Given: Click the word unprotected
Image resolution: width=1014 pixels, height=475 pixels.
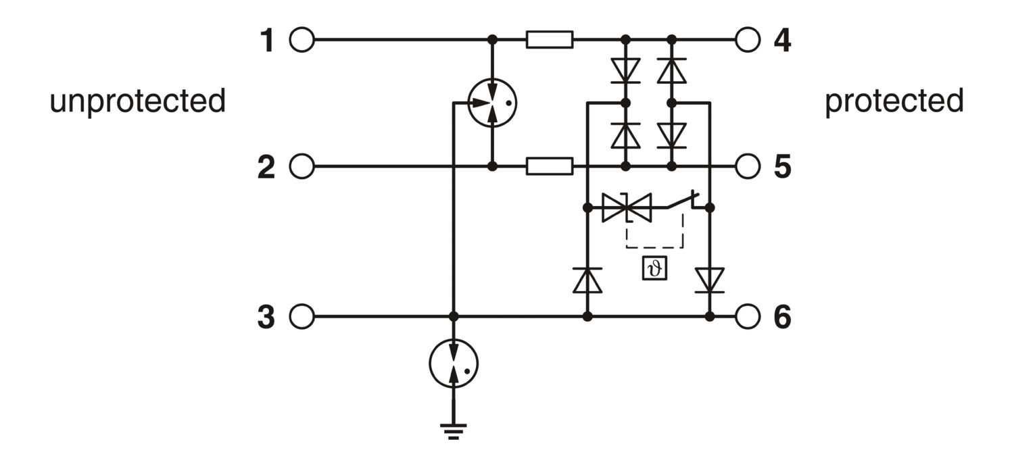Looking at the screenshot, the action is coord(138,101).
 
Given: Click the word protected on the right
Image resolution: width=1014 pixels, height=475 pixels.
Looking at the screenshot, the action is coord(894,101).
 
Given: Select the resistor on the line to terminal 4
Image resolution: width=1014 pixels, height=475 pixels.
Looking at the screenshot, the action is coord(550,40).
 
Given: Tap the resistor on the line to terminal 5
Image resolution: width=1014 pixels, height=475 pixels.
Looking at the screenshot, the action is coord(550,166).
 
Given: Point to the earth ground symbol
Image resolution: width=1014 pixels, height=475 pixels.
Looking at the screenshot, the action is coord(454,431).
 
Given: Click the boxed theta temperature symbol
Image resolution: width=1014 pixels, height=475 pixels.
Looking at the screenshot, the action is coord(654,268).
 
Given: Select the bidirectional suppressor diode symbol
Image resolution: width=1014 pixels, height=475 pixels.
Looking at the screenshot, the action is coord(627,207).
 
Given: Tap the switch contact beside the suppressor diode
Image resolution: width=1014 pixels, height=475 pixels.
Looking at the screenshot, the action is coord(683,201).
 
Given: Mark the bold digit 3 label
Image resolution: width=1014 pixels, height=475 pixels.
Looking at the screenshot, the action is coord(266,317).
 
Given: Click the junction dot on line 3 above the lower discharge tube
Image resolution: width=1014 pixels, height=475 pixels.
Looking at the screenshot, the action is coord(454,316).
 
